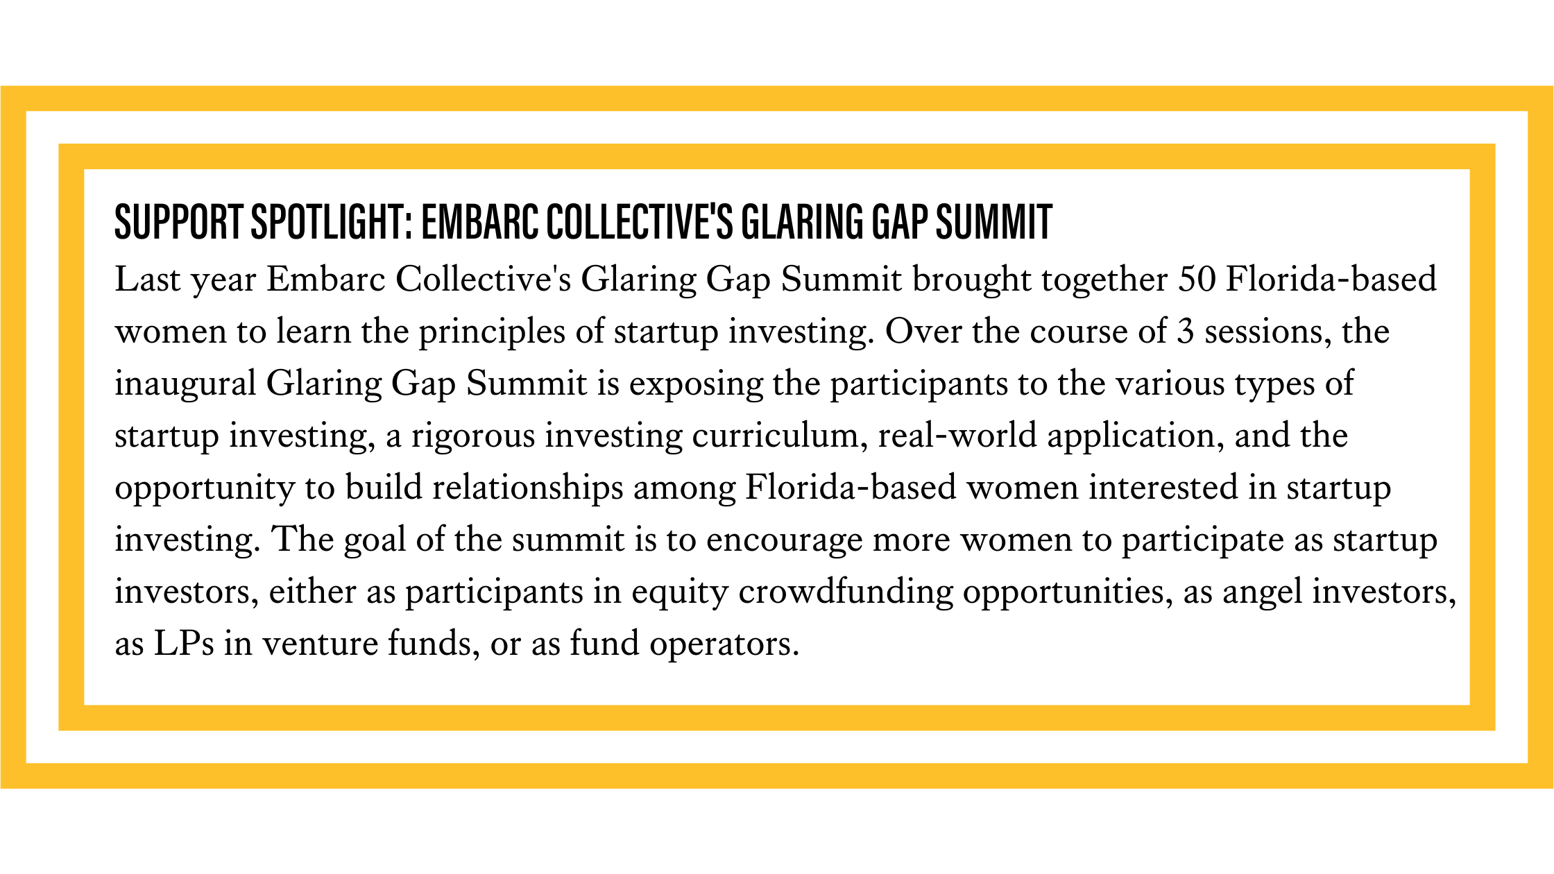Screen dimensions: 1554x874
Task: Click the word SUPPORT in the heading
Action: (179, 222)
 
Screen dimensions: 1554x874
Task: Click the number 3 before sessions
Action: (1185, 332)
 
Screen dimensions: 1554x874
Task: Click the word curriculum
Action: (780, 436)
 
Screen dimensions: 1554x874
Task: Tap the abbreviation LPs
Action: (184, 644)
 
